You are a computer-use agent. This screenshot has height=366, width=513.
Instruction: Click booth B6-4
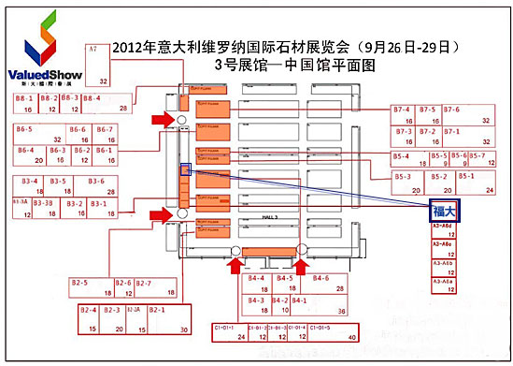click(28, 154)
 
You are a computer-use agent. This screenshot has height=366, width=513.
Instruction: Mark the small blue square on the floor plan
click(185, 169)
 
